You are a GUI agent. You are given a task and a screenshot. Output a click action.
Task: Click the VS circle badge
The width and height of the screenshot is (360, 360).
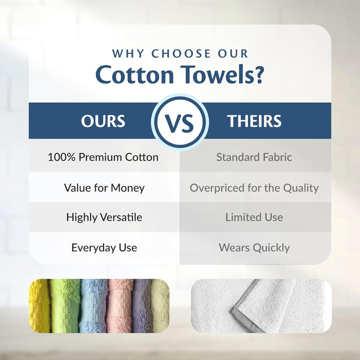[180, 122]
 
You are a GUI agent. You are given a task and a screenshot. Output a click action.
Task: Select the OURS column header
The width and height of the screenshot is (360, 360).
[103, 121]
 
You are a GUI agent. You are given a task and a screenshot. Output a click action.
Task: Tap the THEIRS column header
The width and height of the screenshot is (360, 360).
[254, 121]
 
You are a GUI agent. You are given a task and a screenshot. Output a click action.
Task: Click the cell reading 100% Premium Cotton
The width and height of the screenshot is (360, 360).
[103, 157]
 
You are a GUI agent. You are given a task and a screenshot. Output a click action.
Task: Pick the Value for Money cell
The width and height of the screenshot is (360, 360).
[104, 188]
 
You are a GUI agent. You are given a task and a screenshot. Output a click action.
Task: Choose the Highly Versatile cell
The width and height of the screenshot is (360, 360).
[104, 217]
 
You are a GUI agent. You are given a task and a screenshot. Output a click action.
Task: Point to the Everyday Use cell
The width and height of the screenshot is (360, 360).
[104, 247]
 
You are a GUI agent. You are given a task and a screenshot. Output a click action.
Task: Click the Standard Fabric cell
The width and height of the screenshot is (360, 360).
[254, 157]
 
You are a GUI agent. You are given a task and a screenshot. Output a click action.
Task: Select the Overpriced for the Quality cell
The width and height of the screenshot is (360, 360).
[254, 188]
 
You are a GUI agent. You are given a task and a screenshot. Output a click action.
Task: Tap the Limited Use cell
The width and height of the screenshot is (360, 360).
[254, 217]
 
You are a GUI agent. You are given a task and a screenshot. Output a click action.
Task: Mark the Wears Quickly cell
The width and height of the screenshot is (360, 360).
[254, 247]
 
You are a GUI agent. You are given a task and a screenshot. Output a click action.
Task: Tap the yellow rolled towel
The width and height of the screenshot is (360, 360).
[38, 305]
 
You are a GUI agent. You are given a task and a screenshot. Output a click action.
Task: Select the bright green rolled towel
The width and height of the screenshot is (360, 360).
[64, 305]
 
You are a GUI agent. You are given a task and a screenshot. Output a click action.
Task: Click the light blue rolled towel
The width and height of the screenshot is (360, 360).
[92, 305]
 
